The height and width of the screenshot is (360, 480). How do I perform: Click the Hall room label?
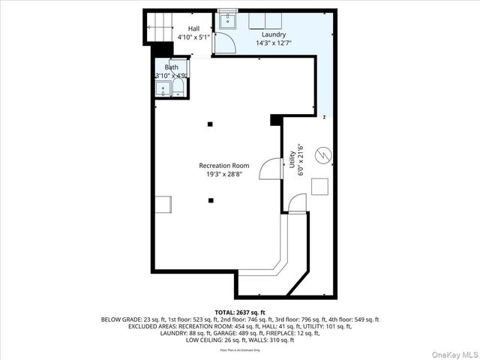pyautogui.click(x=184, y=28)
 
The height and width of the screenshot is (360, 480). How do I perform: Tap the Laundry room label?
pyautogui.click(x=273, y=35)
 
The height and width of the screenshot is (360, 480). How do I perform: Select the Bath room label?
pyautogui.click(x=172, y=67)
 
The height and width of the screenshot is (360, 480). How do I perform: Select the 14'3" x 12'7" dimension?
pyautogui.click(x=273, y=43)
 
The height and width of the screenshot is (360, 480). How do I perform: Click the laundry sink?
pyautogui.click(x=226, y=22)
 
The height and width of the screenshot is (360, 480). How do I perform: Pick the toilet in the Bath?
pyautogui.click(x=178, y=90)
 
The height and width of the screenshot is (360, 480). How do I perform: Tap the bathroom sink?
pyautogui.click(x=163, y=90)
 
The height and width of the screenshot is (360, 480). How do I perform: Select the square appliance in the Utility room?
pyautogui.click(x=320, y=187)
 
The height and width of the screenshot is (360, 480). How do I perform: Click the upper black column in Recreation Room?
pyautogui.click(x=211, y=124)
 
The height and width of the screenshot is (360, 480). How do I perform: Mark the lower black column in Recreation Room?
pyautogui.click(x=211, y=199)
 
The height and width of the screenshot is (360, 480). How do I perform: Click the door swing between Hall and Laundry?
pyautogui.click(x=223, y=44)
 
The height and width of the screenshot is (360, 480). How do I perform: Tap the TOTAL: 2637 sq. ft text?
pyautogui.click(x=240, y=311)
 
